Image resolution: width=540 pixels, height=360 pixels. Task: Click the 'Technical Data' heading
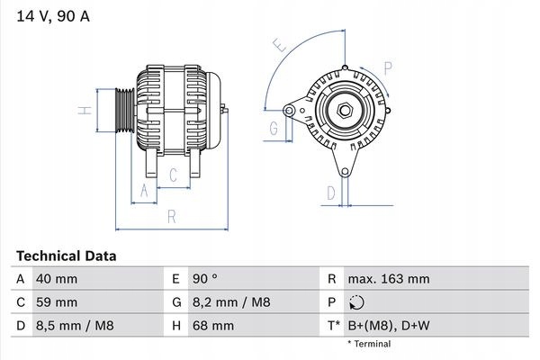[67, 256]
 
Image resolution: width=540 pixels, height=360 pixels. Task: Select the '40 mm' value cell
[56, 279]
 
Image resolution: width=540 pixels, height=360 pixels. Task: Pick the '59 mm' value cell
[56, 301]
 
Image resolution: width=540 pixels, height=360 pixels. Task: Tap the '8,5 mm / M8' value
[75, 324]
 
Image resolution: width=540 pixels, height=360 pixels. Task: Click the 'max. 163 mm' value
[389, 279]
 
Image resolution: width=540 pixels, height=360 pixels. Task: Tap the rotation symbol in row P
[358, 302]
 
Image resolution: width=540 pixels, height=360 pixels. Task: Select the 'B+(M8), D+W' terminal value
[390, 324]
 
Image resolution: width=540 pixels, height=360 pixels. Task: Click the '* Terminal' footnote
[369, 344]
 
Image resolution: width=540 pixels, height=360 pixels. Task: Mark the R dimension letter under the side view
[171, 217]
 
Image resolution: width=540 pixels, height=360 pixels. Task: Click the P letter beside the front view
[389, 67]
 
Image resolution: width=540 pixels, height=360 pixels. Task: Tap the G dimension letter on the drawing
[273, 130]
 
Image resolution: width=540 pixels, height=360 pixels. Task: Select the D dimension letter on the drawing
[331, 193]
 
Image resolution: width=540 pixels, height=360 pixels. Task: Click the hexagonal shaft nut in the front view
[345, 111]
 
